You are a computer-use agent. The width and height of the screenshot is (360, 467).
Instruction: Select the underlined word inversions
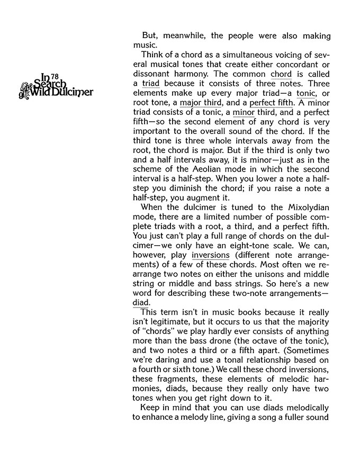[x=211, y=255]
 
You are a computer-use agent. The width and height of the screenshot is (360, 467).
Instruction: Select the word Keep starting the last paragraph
[x=151, y=408]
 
